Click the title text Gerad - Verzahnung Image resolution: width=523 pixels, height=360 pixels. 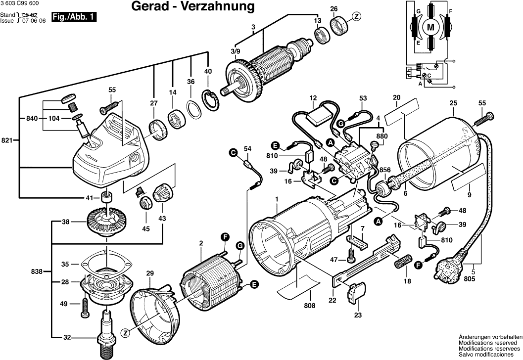193,7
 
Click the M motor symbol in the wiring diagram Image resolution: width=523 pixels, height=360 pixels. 430,27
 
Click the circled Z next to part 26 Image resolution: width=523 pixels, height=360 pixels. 356,16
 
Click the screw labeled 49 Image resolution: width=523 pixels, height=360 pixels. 85,307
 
